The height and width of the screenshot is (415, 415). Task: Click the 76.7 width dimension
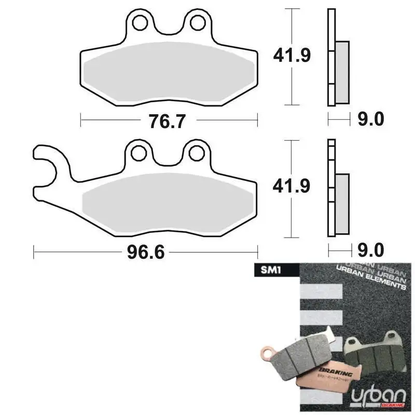(x=167, y=121)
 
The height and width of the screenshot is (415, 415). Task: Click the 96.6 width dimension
(x=145, y=253)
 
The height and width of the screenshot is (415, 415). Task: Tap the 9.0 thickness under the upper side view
(x=370, y=120)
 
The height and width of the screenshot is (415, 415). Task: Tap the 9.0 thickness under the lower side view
(x=370, y=251)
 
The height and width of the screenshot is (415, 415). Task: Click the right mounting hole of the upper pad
(x=197, y=23)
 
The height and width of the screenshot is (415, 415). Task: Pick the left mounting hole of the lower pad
(x=139, y=153)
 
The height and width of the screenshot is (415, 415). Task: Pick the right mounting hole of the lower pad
(x=197, y=153)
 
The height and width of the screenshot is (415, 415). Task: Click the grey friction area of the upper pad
(x=169, y=78)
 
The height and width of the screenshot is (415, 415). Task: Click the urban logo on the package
(x=374, y=395)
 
